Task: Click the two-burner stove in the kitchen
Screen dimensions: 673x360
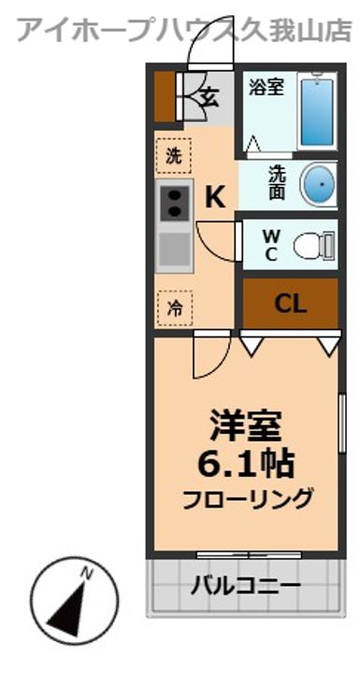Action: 174,202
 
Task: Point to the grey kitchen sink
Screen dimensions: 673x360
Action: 174,251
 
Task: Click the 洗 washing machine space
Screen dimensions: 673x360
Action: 174,155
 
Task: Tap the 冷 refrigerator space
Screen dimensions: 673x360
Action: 174,305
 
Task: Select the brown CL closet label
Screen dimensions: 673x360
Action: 291,304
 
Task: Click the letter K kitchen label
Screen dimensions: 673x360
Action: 215,197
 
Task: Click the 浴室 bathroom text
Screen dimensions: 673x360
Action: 266,89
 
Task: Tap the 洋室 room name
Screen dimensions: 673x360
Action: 245,428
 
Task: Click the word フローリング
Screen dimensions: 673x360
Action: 246,499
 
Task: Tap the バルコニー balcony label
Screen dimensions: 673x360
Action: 246,587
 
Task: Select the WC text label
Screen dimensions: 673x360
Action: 269,245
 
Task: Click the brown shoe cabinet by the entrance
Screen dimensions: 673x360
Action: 165,95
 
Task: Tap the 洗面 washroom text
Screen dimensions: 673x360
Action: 278,183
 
